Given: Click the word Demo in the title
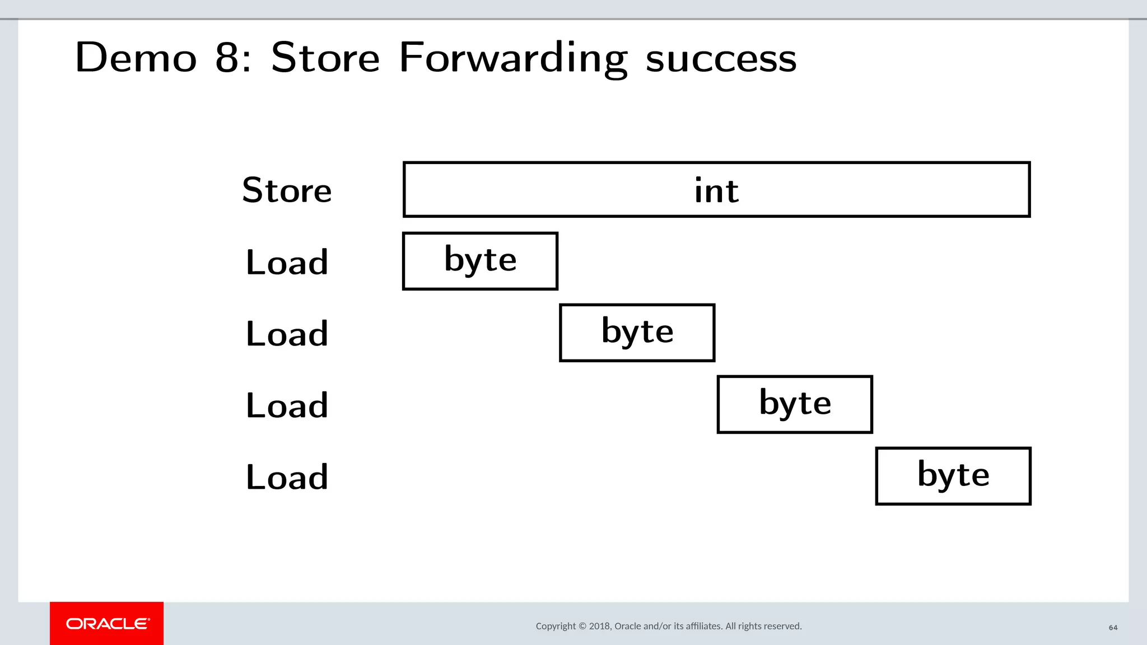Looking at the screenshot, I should [136, 58].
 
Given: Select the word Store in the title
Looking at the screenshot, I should [325, 58].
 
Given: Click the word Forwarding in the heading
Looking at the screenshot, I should [513, 58].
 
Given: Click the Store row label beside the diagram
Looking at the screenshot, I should [287, 190].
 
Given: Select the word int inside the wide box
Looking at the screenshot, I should [716, 190].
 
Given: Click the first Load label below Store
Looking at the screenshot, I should [287, 262].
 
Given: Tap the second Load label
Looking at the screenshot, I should [287, 334].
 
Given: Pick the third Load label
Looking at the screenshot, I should [287, 405].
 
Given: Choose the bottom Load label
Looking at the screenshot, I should [287, 477].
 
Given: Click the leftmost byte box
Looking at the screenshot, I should [480, 261].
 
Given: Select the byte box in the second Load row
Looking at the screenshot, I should [637, 333].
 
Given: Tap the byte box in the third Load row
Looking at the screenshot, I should [795, 404].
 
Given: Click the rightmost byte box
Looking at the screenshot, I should [953, 476].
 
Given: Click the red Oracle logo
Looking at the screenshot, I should [107, 623].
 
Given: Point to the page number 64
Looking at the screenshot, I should [1113, 628].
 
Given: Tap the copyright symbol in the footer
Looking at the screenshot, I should [582, 626].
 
